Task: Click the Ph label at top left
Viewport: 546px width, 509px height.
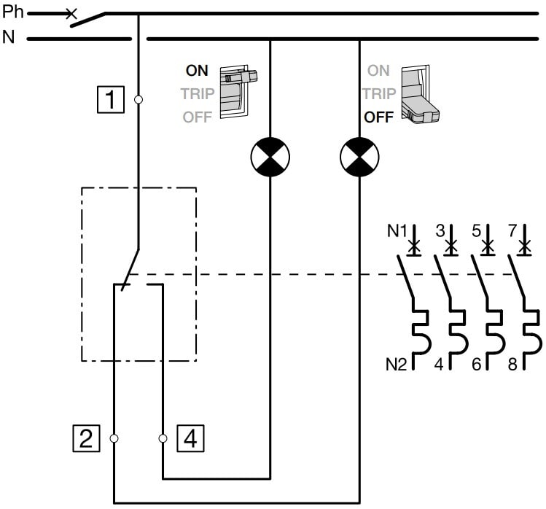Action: pos(12,12)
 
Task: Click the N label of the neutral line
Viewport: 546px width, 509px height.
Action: pos(9,37)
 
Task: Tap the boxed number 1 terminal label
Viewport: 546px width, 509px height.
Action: pos(111,98)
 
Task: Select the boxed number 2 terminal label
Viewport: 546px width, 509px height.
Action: pos(86,438)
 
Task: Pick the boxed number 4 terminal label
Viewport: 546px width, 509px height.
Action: pos(190,438)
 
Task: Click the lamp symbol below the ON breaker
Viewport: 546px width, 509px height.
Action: pos(270,156)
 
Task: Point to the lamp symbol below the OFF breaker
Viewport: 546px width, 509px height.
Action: pos(360,156)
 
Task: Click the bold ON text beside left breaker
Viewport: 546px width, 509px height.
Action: pos(196,71)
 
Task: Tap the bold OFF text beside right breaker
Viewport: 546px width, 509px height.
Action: pos(379,117)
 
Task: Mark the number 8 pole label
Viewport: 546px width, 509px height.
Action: pos(512,362)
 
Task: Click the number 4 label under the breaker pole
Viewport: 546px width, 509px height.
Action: pos(440,362)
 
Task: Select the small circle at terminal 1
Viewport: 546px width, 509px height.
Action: pos(139,98)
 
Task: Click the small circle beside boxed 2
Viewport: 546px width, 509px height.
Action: pos(114,438)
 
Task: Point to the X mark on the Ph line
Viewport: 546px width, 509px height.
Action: pos(71,13)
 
